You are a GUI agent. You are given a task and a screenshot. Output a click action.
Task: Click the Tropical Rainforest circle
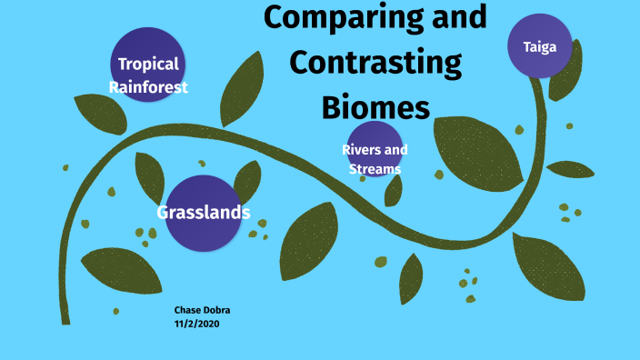(148, 65)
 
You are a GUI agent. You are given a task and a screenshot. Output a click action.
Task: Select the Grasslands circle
(203, 213)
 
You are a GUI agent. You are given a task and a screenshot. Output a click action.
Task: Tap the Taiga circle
(540, 45)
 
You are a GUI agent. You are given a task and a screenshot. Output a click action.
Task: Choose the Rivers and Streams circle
(375, 150)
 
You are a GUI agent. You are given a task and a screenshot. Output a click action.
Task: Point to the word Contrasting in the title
(375, 64)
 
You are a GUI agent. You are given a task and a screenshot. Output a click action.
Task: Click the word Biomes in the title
(375, 107)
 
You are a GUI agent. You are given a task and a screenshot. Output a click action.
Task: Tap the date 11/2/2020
(197, 324)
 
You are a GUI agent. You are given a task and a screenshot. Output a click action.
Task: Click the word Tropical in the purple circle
(148, 65)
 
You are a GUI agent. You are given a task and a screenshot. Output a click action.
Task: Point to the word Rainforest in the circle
(148, 87)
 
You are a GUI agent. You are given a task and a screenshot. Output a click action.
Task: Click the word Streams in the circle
(375, 169)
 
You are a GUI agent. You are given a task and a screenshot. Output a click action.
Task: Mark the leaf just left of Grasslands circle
(150, 177)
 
